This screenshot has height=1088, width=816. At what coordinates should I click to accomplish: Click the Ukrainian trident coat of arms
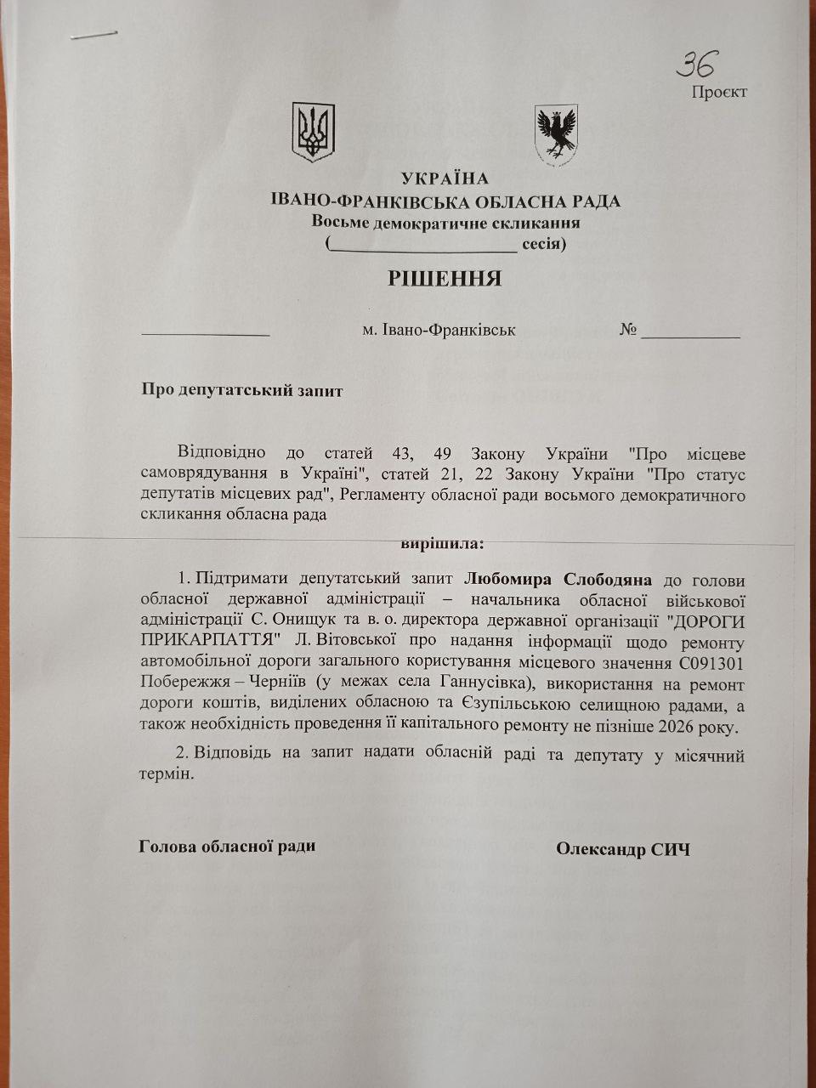pos(313,132)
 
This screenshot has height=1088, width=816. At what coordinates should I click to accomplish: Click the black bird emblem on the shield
pos(556,132)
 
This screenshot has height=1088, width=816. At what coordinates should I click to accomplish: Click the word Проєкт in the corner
pos(719,92)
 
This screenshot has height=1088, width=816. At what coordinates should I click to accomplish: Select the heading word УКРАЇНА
pos(445,178)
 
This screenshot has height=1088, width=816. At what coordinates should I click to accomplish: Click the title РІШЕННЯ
pos(445,279)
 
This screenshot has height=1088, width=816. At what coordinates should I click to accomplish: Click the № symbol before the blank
pos(628,330)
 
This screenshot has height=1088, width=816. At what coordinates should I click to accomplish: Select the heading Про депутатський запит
pos(242,391)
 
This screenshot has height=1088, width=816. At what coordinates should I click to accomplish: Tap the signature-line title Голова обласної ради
pos(227,846)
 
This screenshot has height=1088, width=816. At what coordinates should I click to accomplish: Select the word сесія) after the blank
pos(544,245)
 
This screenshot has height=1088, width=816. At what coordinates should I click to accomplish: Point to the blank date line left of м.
pos(206,333)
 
